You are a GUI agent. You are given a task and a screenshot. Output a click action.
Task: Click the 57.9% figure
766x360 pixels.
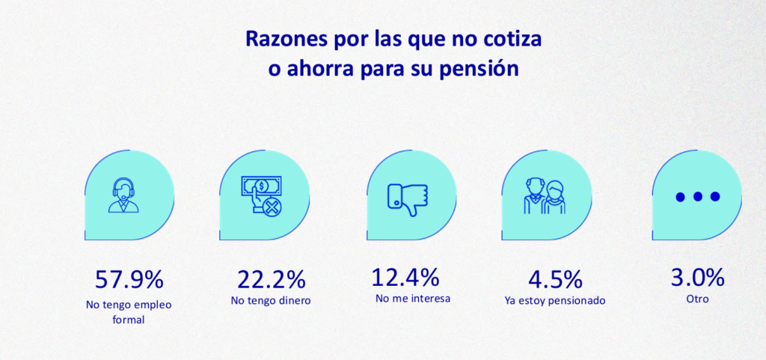point(129,279)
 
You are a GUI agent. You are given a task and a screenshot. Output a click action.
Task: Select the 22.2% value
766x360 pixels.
point(272,279)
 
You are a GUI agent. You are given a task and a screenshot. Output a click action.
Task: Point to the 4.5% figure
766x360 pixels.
point(555,279)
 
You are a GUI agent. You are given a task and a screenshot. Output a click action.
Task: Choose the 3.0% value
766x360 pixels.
point(697,278)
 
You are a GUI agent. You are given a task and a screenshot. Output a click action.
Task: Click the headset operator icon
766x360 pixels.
point(123,196)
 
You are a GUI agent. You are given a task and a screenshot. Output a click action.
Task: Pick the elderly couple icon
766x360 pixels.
point(545,196)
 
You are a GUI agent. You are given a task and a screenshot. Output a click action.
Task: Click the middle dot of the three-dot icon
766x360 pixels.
point(697,197)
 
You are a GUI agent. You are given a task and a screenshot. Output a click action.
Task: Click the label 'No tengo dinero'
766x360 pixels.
point(272,301)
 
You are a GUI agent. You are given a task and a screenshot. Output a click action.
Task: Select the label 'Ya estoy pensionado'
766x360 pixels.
point(554,301)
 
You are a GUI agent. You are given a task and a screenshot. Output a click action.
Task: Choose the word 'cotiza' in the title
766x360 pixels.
point(513,39)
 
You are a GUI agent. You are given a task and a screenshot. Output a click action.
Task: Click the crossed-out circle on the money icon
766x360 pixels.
point(271,206)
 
